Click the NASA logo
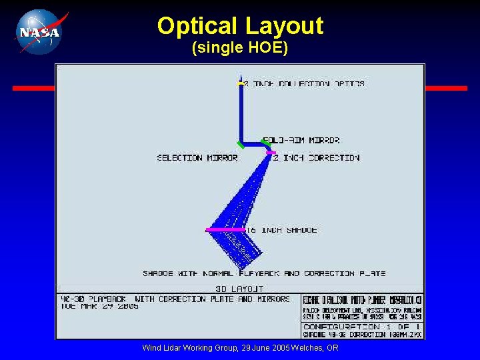coord(39,31)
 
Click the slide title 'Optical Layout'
coord(240,26)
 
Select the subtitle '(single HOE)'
coord(240,49)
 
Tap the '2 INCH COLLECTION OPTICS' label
coord(304,84)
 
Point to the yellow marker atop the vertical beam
coord(241,83)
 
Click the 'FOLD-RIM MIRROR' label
coord(301,141)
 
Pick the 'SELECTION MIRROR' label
coord(197,158)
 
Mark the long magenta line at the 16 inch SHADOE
coord(225,230)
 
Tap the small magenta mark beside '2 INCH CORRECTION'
coord(271,153)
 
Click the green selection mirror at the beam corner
coord(240,145)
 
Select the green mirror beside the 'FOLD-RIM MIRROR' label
coord(266,143)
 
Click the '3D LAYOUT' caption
coord(239,289)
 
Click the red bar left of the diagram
coord(33,88)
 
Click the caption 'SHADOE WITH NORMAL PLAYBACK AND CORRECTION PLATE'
coord(264,273)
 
